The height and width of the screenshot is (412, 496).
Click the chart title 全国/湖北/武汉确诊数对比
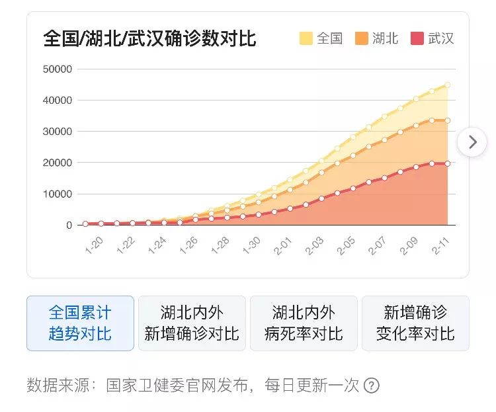click(149, 38)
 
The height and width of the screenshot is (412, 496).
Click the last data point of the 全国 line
click(448, 85)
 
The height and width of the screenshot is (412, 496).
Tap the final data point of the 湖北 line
click(448, 120)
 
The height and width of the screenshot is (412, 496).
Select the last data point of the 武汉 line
click(448, 163)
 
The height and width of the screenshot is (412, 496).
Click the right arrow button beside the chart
click(472, 142)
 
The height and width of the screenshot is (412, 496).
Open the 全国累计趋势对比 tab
click(80, 323)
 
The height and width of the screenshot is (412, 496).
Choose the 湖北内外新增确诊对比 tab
click(192, 323)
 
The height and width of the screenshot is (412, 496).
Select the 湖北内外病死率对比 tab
click(304, 323)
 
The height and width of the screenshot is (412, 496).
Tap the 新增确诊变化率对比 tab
click(415, 323)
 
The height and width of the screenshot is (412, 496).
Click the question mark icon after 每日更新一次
click(372, 386)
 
